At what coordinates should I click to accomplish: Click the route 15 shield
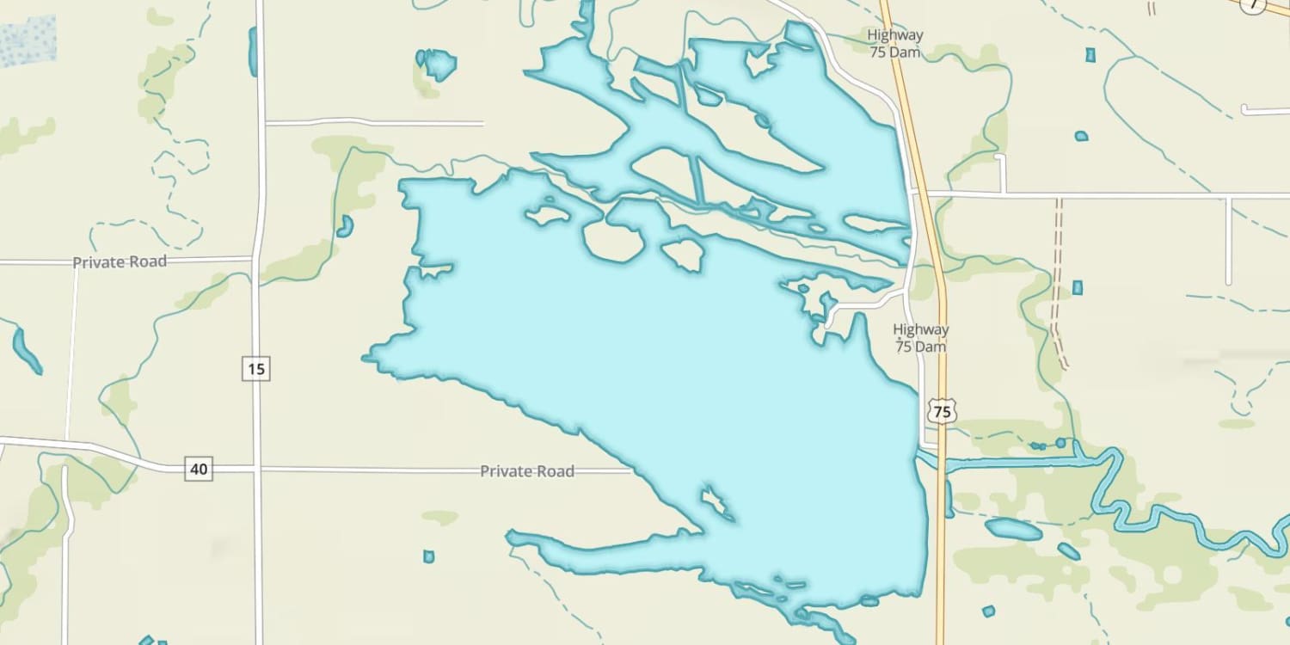(255, 370)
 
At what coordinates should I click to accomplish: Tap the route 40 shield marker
(199, 470)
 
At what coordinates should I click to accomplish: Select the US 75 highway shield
(943, 412)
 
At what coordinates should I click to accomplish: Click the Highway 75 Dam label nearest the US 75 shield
(920, 338)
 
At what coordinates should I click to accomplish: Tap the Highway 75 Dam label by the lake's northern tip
(894, 44)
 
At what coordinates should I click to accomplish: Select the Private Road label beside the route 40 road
(526, 471)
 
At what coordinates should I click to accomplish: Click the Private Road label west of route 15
(119, 262)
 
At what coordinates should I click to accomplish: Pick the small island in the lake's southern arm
(716, 503)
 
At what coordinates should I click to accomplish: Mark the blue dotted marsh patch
(28, 40)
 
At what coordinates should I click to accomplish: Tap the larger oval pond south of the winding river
(1013, 529)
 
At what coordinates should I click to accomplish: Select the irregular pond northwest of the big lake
(437, 63)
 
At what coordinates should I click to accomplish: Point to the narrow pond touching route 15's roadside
(252, 52)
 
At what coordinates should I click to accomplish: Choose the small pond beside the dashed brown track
(1077, 287)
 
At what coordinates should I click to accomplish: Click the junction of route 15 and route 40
(257, 470)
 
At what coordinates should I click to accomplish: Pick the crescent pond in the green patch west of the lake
(346, 226)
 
